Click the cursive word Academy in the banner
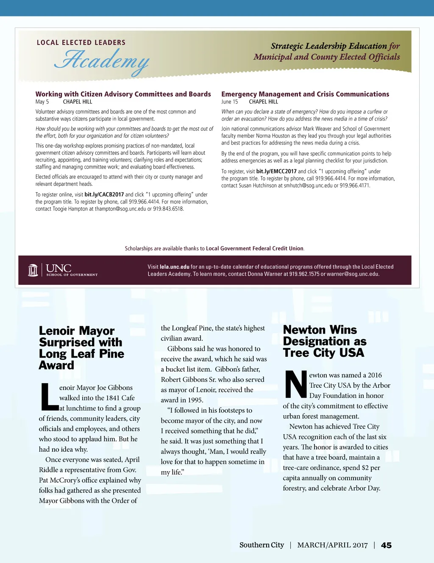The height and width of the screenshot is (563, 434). point(102,60)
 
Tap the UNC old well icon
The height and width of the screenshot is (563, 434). point(33,270)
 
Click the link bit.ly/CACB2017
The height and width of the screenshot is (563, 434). point(104,195)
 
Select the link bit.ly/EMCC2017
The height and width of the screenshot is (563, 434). point(276,171)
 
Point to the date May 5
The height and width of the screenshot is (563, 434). point(42,102)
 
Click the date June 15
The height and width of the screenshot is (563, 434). point(229,102)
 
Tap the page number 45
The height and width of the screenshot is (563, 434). point(386,545)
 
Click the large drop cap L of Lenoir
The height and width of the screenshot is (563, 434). point(49,397)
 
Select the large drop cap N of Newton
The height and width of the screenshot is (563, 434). point(295,384)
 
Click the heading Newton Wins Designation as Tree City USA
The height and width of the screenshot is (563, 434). point(324,341)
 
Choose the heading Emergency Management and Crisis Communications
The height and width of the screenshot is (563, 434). point(305,94)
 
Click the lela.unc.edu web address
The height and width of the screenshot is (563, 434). point(174,267)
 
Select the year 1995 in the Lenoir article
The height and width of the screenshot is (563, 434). point(195,400)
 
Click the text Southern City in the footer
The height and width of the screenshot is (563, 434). point(262,545)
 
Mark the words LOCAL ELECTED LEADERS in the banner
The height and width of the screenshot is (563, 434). point(81,42)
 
